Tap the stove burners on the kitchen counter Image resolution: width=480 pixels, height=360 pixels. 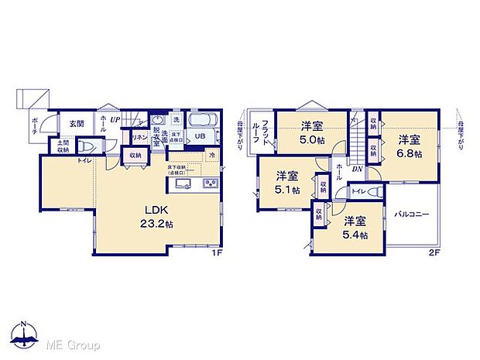click(211, 183)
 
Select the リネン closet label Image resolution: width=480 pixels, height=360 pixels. click(139, 138)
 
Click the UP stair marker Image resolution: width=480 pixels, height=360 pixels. click(114, 119)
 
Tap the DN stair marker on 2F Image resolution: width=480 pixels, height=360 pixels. click(358, 170)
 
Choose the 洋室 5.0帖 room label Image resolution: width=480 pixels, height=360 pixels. click(312, 135)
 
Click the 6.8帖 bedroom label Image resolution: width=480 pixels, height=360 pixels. click(410, 146)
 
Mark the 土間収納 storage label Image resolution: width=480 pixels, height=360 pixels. click(61, 146)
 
